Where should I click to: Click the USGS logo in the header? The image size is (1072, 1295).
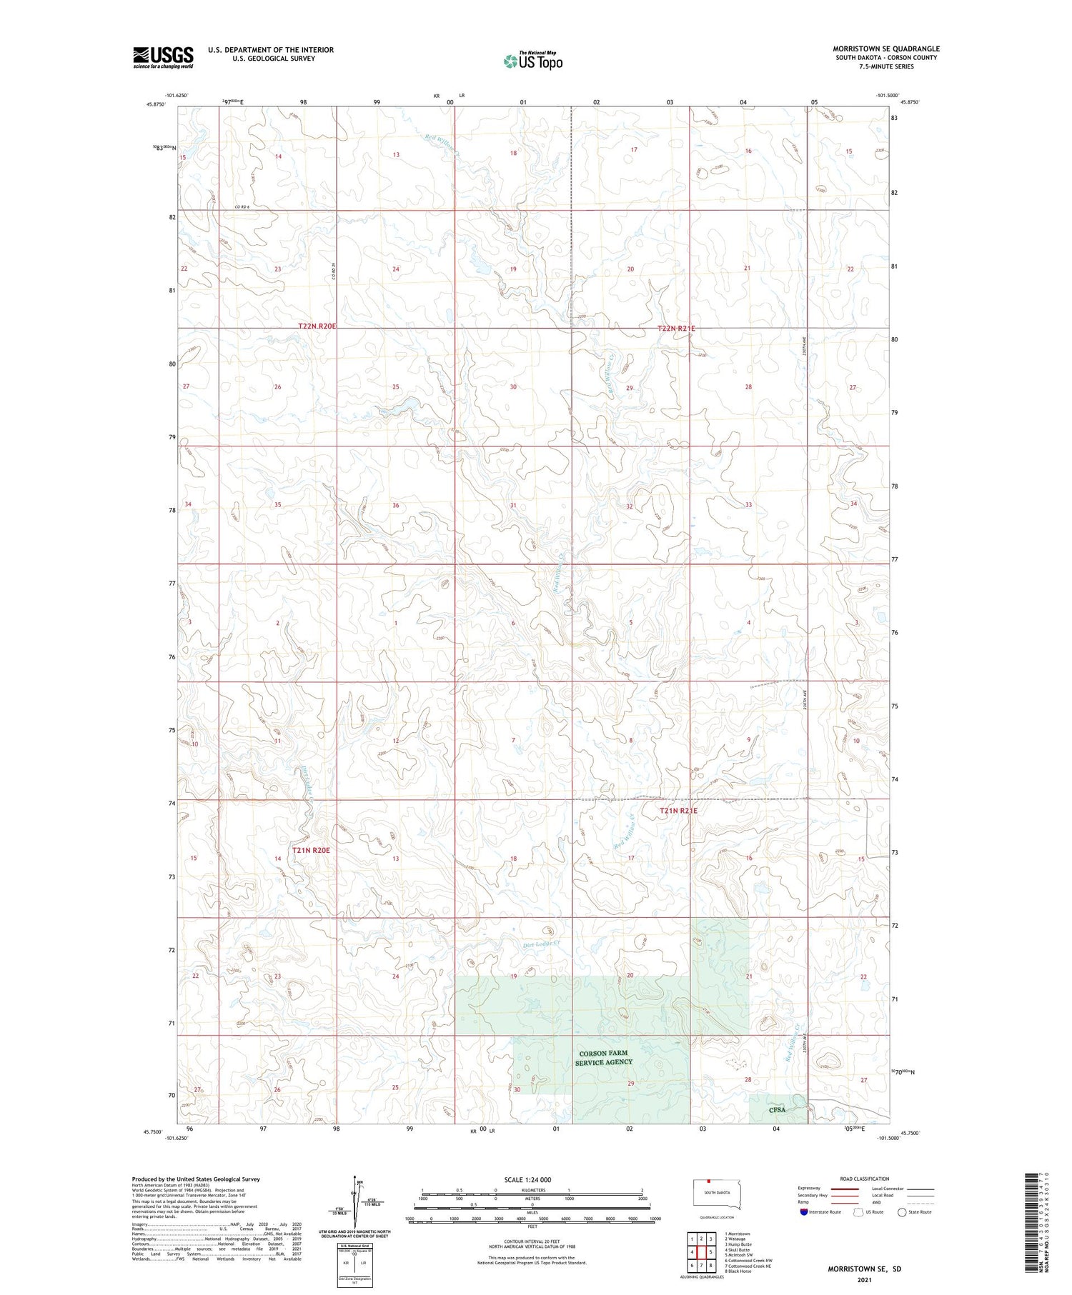pos(163,57)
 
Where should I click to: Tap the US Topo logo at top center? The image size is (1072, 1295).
pos(532,61)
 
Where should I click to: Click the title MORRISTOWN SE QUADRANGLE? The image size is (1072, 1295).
pos(885,49)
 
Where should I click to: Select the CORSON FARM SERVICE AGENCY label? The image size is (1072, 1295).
pos(605,1058)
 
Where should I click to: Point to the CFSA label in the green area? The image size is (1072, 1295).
pos(777,1110)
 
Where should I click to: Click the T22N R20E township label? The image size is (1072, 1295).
pos(317,326)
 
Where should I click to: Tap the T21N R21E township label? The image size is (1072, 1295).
pos(678,811)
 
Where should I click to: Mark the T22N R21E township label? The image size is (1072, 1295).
pos(675,329)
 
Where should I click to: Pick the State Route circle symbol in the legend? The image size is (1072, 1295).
pos(902,1212)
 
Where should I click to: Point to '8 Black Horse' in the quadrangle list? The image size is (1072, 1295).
pos(738,1271)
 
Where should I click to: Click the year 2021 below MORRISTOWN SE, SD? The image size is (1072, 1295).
pos(864,1280)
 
